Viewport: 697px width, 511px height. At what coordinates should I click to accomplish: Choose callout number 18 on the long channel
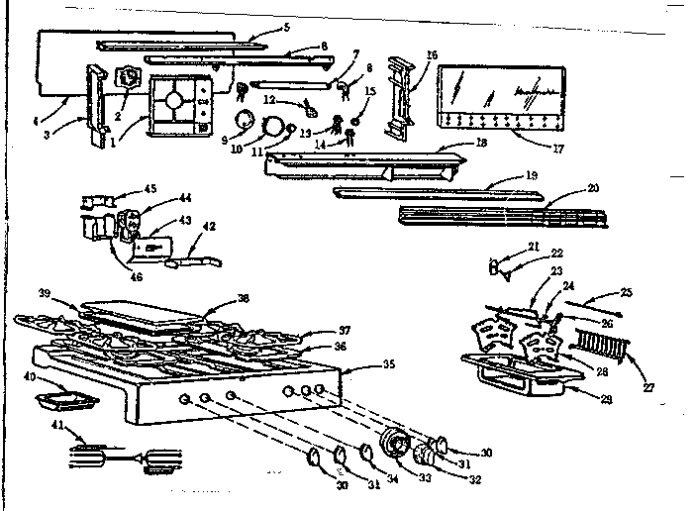[x=481, y=144]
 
